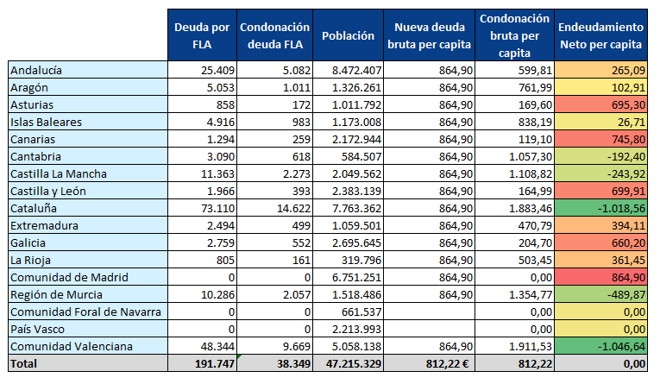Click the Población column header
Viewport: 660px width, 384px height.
coord(348,35)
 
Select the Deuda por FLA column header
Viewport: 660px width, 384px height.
coord(202,35)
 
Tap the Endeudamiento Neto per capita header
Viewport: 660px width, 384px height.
coord(600,35)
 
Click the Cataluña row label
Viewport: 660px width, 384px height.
coord(34,209)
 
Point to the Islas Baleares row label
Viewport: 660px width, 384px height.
coord(46,123)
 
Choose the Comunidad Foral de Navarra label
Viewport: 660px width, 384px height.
coord(85,312)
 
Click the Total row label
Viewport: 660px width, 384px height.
coord(23,364)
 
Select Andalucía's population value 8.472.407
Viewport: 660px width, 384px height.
coord(356,70)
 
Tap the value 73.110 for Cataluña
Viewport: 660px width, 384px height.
coord(217,209)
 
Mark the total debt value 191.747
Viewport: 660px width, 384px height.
coord(215,364)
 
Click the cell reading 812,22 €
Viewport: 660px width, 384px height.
coord(447,364)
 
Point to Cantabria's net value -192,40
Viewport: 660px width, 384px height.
coord(626,157)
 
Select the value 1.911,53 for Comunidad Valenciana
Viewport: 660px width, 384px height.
coord(531,347)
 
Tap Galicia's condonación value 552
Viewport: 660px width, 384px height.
coord(301,243)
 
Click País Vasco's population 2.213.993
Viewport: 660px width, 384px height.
coord(356,330)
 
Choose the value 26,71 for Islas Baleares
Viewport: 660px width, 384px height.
coord(632,123)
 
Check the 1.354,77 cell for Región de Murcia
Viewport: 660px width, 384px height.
coord(531,295)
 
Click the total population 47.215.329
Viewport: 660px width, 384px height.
coord(354,364)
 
